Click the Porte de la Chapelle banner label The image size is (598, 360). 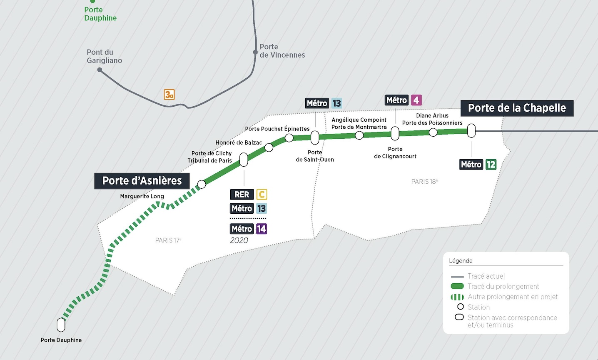(x=516, y=108)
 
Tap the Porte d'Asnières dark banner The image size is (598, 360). (x=142, y=181)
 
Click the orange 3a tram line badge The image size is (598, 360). (x=169, y=95)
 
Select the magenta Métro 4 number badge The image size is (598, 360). (x=416, y=100)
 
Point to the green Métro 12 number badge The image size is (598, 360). (x=491, y=165)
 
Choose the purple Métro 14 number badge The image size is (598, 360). (x=261, y=229)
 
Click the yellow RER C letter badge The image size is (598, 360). (x=261, y=195)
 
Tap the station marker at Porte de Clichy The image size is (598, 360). (x=244, y=160)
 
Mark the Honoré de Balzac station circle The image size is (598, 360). (x=269, y=147)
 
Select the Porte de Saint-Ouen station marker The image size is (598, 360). (x=315, y=137)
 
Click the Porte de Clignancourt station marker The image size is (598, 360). (x=395, y=133)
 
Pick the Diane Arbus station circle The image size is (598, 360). (x=433, y=132)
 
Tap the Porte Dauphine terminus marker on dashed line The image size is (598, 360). (x=61, y=325)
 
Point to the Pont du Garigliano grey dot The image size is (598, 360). (x=100, y=70)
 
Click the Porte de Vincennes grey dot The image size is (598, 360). (x=255, y=52)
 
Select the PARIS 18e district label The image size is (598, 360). (x=424, y=182)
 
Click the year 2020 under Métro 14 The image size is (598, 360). (x=239, y=240)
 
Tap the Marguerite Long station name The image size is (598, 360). (x=142, y=196)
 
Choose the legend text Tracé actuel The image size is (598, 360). (x=486, y=276)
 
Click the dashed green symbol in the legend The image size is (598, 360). (x=457, y=297)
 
